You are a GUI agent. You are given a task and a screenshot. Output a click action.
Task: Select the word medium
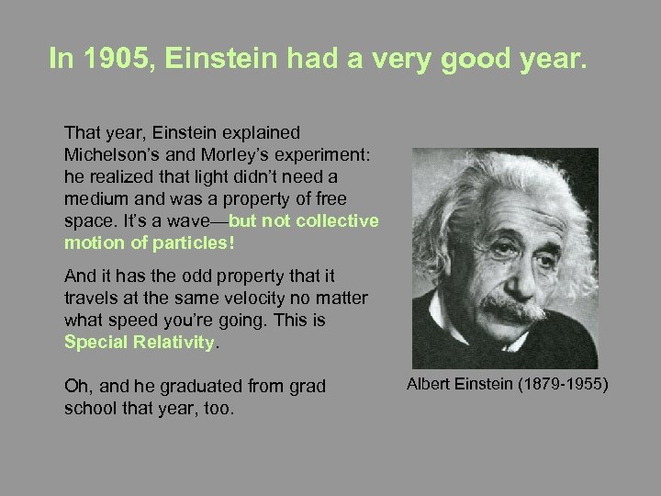click(x=95, y=197)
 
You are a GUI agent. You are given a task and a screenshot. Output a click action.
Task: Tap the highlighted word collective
click(x=340, y=220)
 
